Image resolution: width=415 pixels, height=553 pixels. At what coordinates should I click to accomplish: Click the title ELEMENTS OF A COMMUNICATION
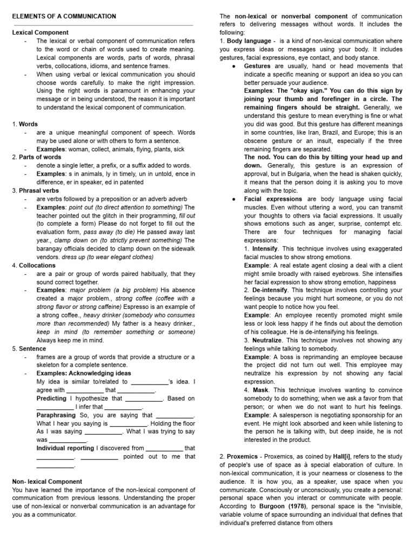click(64, 16)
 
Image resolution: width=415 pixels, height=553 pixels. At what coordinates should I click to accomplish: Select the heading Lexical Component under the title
click(41, 33)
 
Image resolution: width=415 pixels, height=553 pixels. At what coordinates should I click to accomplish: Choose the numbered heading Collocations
click(37, 265)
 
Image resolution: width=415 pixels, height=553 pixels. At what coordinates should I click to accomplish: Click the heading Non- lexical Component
click(47, 481)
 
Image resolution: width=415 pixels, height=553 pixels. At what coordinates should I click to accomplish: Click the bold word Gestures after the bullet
click(257, 66)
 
